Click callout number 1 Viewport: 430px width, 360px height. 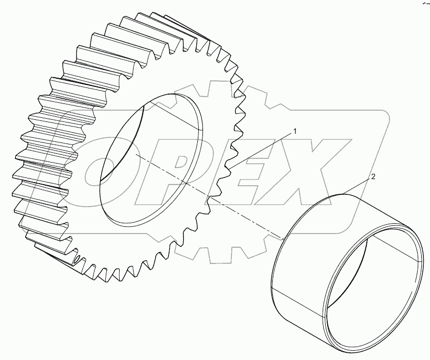295,132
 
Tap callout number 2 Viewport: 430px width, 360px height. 373,176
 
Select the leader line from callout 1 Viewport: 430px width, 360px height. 262,150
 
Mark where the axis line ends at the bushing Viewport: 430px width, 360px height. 283,239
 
